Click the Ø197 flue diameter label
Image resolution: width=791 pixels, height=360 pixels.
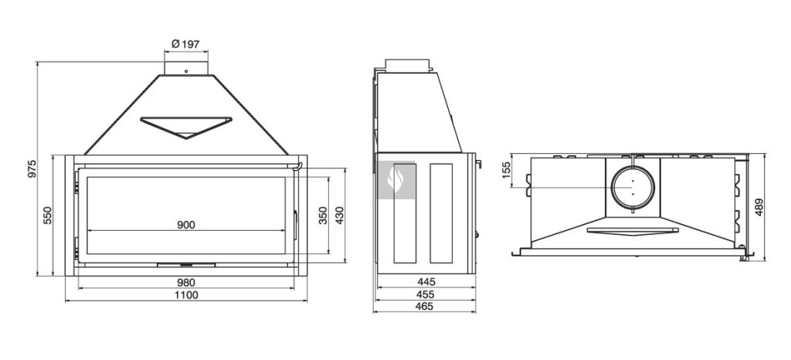185,44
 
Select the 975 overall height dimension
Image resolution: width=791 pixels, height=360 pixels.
32,169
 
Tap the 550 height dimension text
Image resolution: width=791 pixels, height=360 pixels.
47,216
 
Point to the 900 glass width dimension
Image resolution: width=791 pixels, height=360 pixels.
186,225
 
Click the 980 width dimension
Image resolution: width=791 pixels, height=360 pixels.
186,283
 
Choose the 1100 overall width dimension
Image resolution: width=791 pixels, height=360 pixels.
186,295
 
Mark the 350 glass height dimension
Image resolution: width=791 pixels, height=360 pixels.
324,216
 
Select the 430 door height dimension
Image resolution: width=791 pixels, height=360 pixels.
339,216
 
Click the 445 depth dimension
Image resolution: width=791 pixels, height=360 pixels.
426,282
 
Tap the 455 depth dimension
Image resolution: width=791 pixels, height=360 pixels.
426,294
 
